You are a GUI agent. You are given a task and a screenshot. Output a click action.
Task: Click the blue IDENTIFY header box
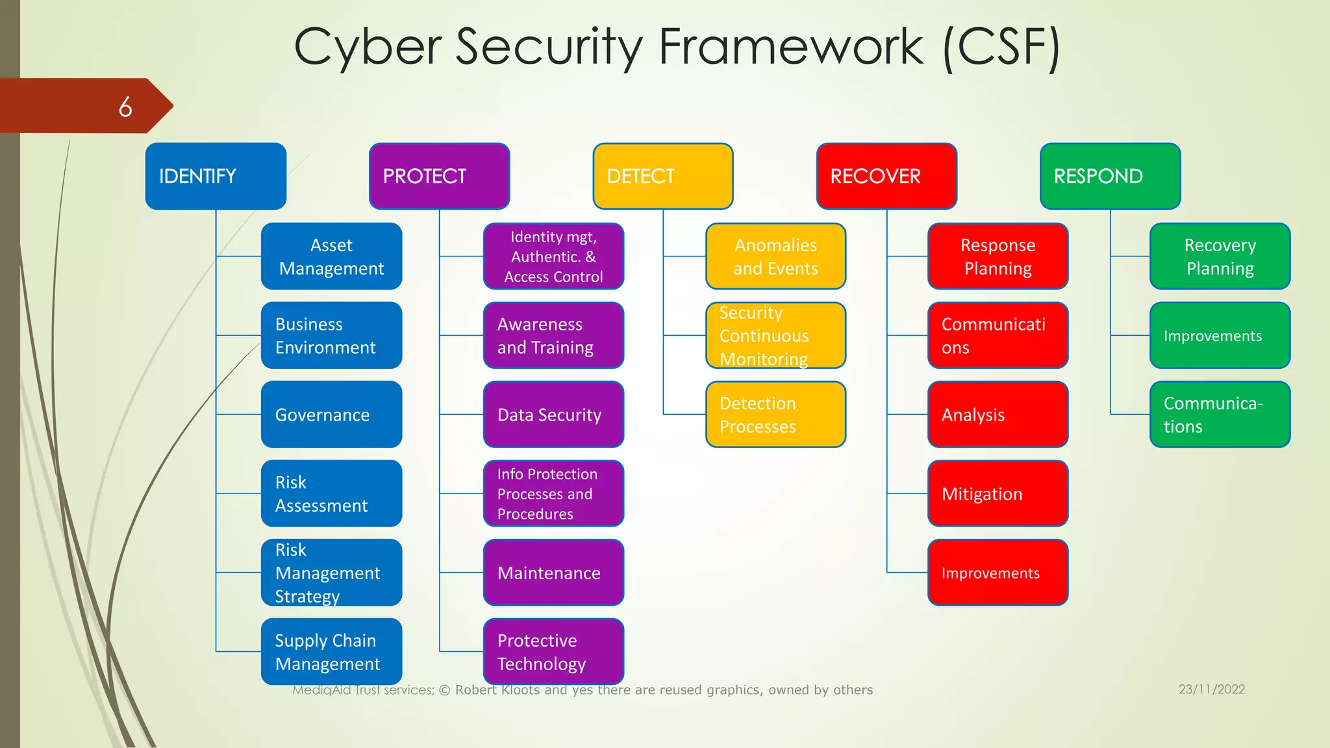[216, 176]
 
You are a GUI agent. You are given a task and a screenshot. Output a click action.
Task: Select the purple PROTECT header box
[439, 176]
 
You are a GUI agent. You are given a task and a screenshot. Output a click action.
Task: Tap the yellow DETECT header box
[662, 176]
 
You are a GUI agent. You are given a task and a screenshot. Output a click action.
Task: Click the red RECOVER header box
[886, 176]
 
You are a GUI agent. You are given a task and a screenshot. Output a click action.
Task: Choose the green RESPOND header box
[1110, 176]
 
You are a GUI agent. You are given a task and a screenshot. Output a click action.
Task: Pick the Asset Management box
[331, 256]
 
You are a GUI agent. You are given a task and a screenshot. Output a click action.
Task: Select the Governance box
[331, 414]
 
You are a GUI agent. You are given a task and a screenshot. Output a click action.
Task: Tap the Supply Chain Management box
[331, 652]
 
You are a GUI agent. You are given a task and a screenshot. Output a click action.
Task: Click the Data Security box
[553, 414]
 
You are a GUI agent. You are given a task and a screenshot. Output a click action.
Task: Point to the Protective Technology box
[553, 652]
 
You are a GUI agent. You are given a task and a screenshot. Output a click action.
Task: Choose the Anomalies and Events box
[775, 256]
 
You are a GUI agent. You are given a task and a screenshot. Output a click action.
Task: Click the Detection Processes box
[775, 414]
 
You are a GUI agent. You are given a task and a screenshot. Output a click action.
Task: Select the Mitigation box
[997, 493]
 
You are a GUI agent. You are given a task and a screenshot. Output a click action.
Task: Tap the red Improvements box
[997, 573]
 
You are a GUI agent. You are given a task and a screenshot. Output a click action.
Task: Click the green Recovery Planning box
[1220, 256]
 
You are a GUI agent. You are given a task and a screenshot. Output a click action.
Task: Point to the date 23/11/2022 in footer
[1212, 690]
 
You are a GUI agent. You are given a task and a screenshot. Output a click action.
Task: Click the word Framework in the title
[790, 47]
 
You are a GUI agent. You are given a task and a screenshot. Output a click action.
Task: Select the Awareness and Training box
[553, 336]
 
